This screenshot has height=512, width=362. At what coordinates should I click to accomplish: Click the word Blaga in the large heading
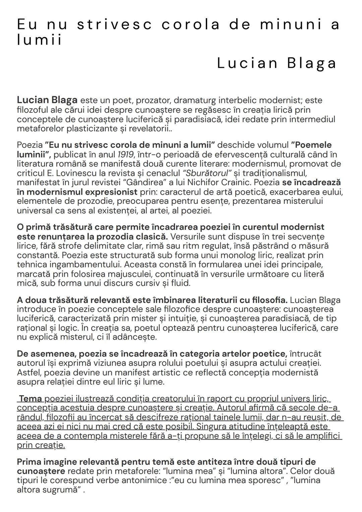(312, 63)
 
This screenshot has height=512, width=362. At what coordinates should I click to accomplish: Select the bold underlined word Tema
(31, 399)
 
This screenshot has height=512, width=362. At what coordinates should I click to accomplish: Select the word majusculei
(127, 274)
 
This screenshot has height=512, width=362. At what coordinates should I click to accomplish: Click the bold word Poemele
(311, 145)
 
